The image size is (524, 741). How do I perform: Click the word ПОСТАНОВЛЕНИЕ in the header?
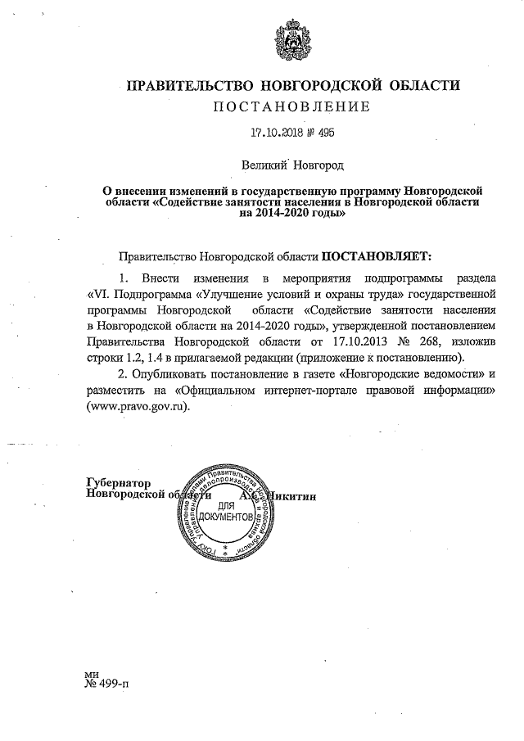click(x=291, y=106)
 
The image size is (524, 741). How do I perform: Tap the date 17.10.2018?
click(x=274, y=132)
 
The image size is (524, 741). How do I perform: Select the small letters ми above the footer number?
click(x=92, y=671)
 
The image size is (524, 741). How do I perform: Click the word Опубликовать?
click(x=178, y=375)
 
